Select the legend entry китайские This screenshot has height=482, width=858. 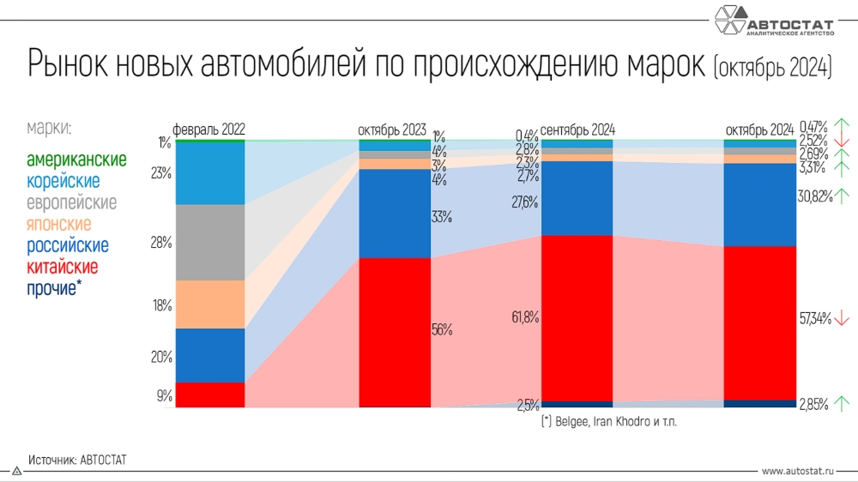pos(62,268)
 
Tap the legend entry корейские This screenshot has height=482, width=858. pos(63,182)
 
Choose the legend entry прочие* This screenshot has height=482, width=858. pos(53,289)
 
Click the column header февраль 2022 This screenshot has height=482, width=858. pos(209,130)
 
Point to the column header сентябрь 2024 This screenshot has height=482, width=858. pos(577,130)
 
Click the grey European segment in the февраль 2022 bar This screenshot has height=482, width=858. pos(209,243)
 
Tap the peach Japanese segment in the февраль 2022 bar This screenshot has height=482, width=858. pos(209,304)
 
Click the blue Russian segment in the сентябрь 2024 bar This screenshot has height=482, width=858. pos(577,198)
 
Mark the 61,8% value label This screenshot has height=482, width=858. pos(525,317)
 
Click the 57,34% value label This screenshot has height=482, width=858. pos(815,319)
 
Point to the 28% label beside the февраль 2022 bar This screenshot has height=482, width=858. pos(161,243)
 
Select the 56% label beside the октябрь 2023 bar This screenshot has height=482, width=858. pos(442,329)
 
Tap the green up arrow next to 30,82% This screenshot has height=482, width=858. pos(843,196)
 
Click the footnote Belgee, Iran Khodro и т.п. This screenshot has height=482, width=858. pos(608,423)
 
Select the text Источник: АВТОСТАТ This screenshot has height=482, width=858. pos(77,461)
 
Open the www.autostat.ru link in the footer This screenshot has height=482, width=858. pos(797,472)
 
